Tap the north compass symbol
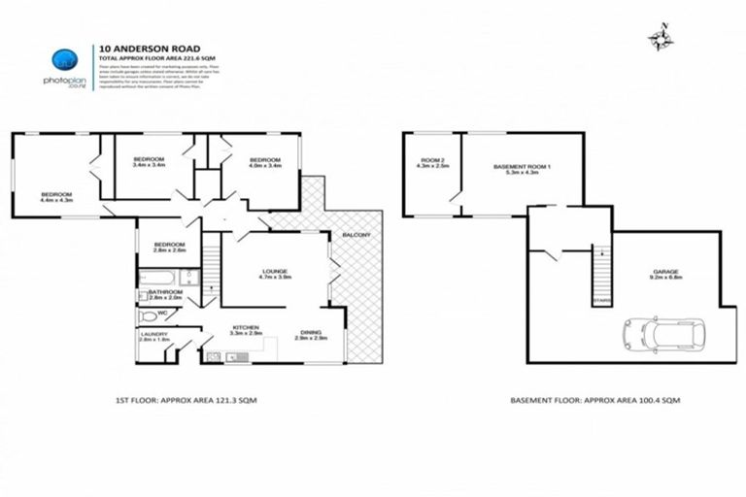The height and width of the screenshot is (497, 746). tap(661, 38)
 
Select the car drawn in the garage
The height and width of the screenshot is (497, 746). tap(665, 334)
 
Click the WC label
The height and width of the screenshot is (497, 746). tap(174, 312)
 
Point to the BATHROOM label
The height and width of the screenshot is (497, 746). tap(166, 292)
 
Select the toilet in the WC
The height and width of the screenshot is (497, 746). tap(149, 315)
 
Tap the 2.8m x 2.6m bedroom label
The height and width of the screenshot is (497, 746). tap(169, 247)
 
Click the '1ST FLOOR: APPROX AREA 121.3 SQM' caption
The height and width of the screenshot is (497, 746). tap(186, 399)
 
